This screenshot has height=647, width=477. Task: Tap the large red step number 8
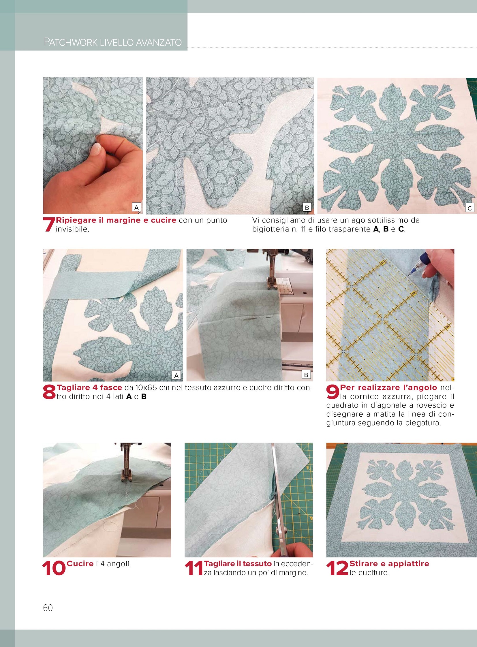(49, 392)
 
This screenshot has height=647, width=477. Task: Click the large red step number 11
(194, 568)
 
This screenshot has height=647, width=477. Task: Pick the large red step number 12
(337, 568)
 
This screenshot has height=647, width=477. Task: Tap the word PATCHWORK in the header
(71, 42)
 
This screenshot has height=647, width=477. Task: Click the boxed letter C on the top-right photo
(470, 208)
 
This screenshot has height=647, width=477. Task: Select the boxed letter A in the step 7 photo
(137, 207)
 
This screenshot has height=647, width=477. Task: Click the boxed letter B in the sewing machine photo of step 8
(306, 375)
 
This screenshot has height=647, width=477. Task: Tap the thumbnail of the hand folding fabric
(93, 145)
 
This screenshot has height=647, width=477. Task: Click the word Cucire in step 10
(80, 563)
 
